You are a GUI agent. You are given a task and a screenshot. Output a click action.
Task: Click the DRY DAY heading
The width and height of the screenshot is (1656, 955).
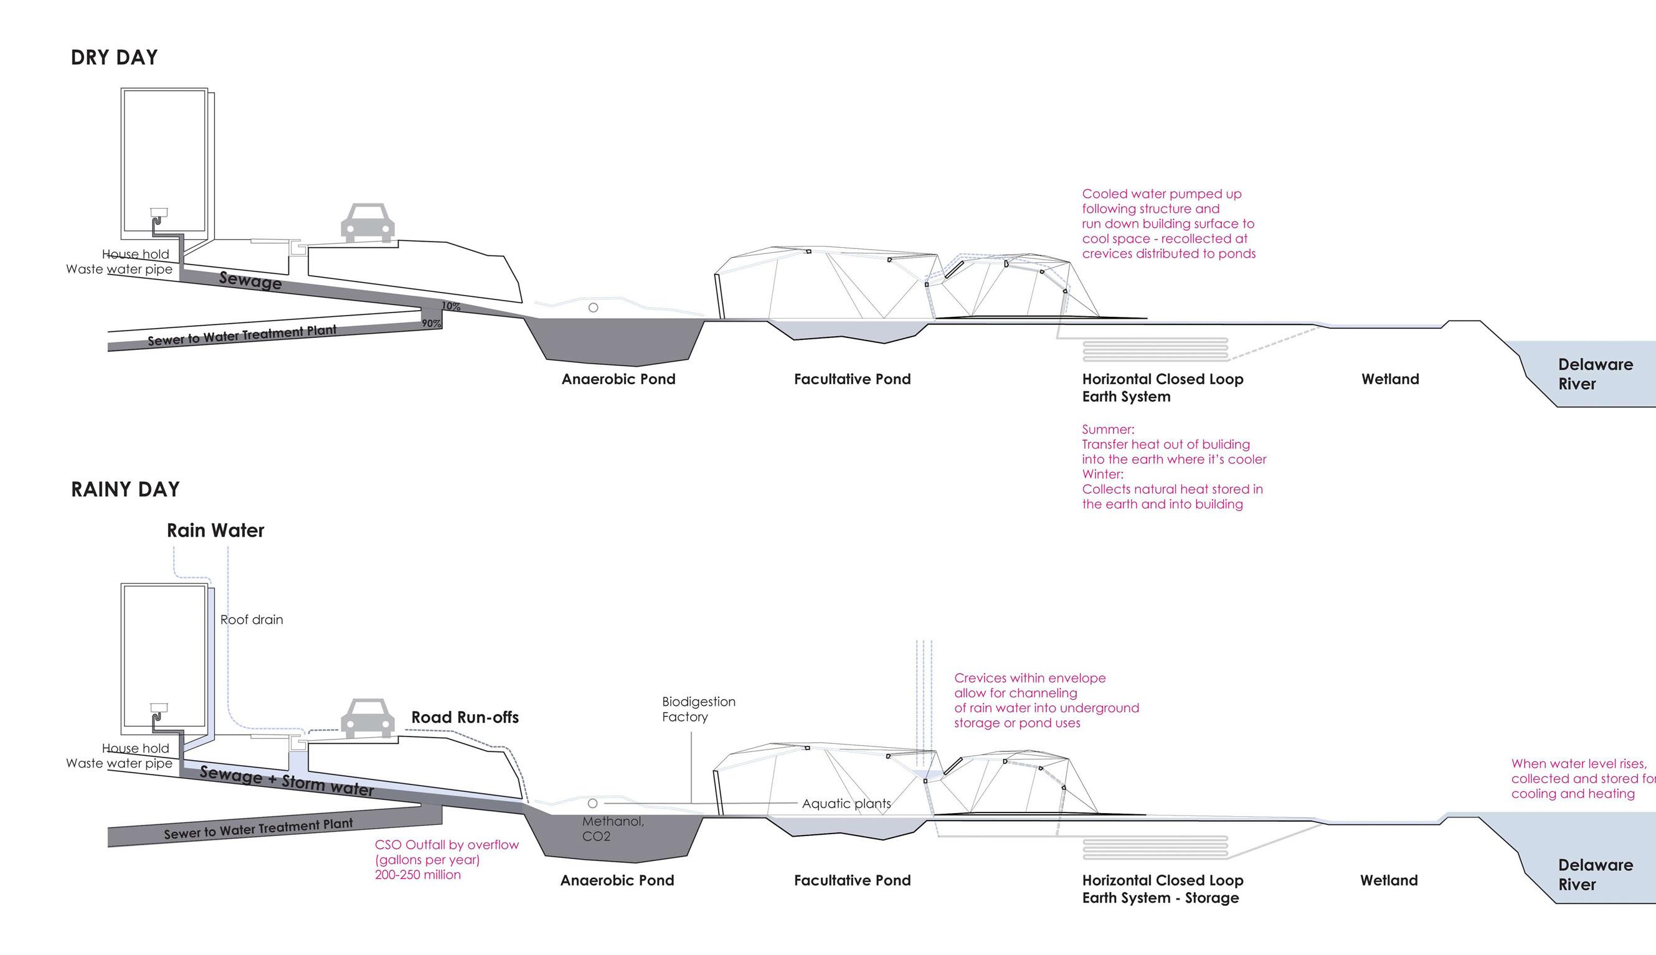[x=114, y=58]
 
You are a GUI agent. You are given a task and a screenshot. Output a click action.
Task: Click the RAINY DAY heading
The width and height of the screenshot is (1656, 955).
[x=125, y=489]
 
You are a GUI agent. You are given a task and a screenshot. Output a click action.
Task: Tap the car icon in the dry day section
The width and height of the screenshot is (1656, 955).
[x=367, y=222]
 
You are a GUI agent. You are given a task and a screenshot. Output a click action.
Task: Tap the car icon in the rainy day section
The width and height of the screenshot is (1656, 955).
[x=367, y=718]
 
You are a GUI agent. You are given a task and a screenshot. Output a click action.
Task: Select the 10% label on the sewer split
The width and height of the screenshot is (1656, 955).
[x=451, y=306]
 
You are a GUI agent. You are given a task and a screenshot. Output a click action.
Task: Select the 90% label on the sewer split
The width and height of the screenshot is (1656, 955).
[x=431, y=323]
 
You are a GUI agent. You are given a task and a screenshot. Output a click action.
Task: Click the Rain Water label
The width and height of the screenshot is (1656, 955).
[x=215, y=530]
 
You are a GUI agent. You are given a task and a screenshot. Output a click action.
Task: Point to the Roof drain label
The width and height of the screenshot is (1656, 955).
[x=251, y=620]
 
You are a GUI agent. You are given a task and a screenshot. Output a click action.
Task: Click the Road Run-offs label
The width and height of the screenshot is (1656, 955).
[x=465, y=718]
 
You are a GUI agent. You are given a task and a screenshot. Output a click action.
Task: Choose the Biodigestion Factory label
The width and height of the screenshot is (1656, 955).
[x=698, y=709]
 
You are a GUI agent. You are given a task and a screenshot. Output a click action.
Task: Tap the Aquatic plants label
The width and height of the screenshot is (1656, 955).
[x=846, y=804]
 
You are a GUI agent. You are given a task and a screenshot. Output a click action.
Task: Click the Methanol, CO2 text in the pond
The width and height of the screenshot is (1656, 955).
[x=612, y=829]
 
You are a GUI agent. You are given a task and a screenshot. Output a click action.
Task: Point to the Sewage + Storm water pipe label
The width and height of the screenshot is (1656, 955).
[x=286, y=781]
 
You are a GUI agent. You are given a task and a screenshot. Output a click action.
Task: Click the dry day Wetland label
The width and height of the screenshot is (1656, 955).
[x=1389, y=379]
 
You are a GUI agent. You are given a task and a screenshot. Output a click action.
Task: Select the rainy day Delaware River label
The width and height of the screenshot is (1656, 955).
[x=1595, y=874]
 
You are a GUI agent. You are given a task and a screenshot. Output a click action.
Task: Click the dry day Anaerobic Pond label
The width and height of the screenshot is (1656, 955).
[x=618, y=379]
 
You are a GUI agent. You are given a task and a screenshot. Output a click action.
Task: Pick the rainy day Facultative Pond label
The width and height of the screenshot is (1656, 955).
[x=851, y=880]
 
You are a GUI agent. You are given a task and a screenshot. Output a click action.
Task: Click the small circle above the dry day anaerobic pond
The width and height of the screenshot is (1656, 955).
[x=593, y=308]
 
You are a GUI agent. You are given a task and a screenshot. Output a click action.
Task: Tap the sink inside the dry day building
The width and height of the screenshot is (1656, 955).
[x=159, y=212]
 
